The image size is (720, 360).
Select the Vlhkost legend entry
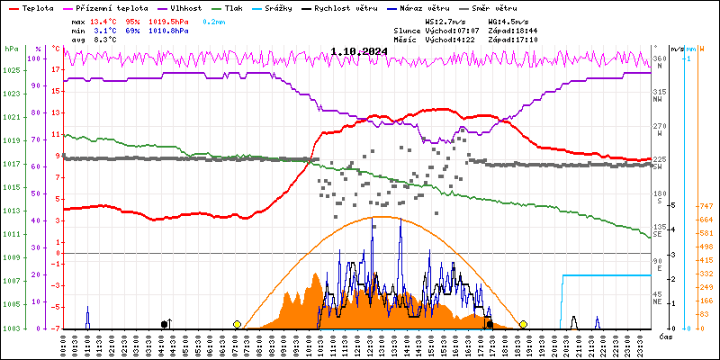185,7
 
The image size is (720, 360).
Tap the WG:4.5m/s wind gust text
507,20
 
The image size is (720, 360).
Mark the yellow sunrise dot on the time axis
237,324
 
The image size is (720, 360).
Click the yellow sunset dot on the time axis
523,324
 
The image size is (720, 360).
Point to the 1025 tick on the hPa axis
12,71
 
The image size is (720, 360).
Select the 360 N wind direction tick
660,62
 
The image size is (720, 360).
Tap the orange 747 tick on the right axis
707,205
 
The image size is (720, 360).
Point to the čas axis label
666,337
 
